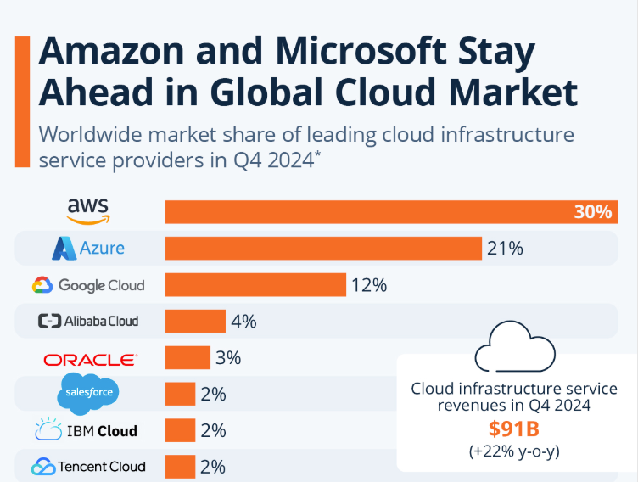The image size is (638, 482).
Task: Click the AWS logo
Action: [89, 210]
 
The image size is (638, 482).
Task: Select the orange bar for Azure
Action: [322, 248]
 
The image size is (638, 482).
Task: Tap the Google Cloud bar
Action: [255, 284]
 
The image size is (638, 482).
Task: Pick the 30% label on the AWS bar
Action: [592, 211]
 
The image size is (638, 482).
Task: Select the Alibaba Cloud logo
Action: [88, 321]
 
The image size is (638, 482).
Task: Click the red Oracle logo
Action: [89, 359]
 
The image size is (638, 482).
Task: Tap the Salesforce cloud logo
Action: [88, 394]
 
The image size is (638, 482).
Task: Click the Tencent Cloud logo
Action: [88, 466]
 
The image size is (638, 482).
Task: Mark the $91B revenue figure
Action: [514, 429]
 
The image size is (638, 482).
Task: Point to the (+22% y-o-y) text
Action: [514, 451]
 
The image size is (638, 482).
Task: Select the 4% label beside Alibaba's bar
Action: [243, 322]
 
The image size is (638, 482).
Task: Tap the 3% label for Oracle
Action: [228, 357]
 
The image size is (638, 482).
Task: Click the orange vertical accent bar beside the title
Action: [23, 100]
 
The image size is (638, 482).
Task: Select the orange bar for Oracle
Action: [187, 357]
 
